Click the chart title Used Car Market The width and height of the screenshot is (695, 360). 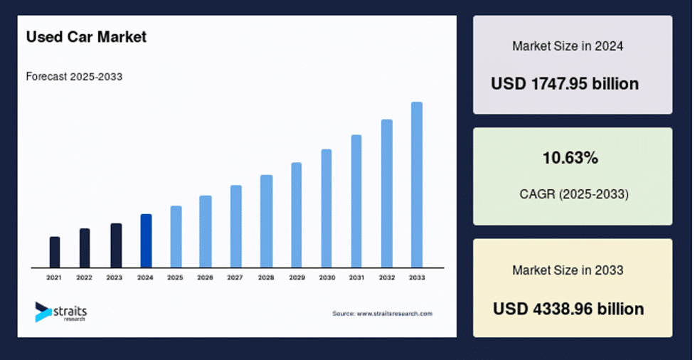coord(86,37)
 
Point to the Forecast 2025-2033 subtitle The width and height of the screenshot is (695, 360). coord(74,77)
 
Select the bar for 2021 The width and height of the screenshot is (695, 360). coord(55,253)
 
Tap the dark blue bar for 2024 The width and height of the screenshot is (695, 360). coord(147,240)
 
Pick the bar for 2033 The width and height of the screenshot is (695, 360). coord(417,185)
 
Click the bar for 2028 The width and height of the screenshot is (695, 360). coord(266,221)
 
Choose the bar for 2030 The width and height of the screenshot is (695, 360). coord(327,208)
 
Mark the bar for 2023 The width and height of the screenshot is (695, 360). coord(116,245)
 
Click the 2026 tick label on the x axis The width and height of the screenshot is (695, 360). coord(206,278)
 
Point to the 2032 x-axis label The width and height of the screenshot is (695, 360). coord(386,278)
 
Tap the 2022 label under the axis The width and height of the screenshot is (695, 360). coord(84,278)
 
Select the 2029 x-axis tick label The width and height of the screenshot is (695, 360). coord(297,278)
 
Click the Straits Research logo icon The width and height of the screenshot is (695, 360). coord(43,312)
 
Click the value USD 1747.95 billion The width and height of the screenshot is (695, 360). coord(565,84)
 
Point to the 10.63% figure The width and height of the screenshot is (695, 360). coord(571,158)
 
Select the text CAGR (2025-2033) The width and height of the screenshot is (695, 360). coord(574,194)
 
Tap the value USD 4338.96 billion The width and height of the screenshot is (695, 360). coord(568,309)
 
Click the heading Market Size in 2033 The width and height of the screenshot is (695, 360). coord(568,270)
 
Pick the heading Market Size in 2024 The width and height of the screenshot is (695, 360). coord(568,46)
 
